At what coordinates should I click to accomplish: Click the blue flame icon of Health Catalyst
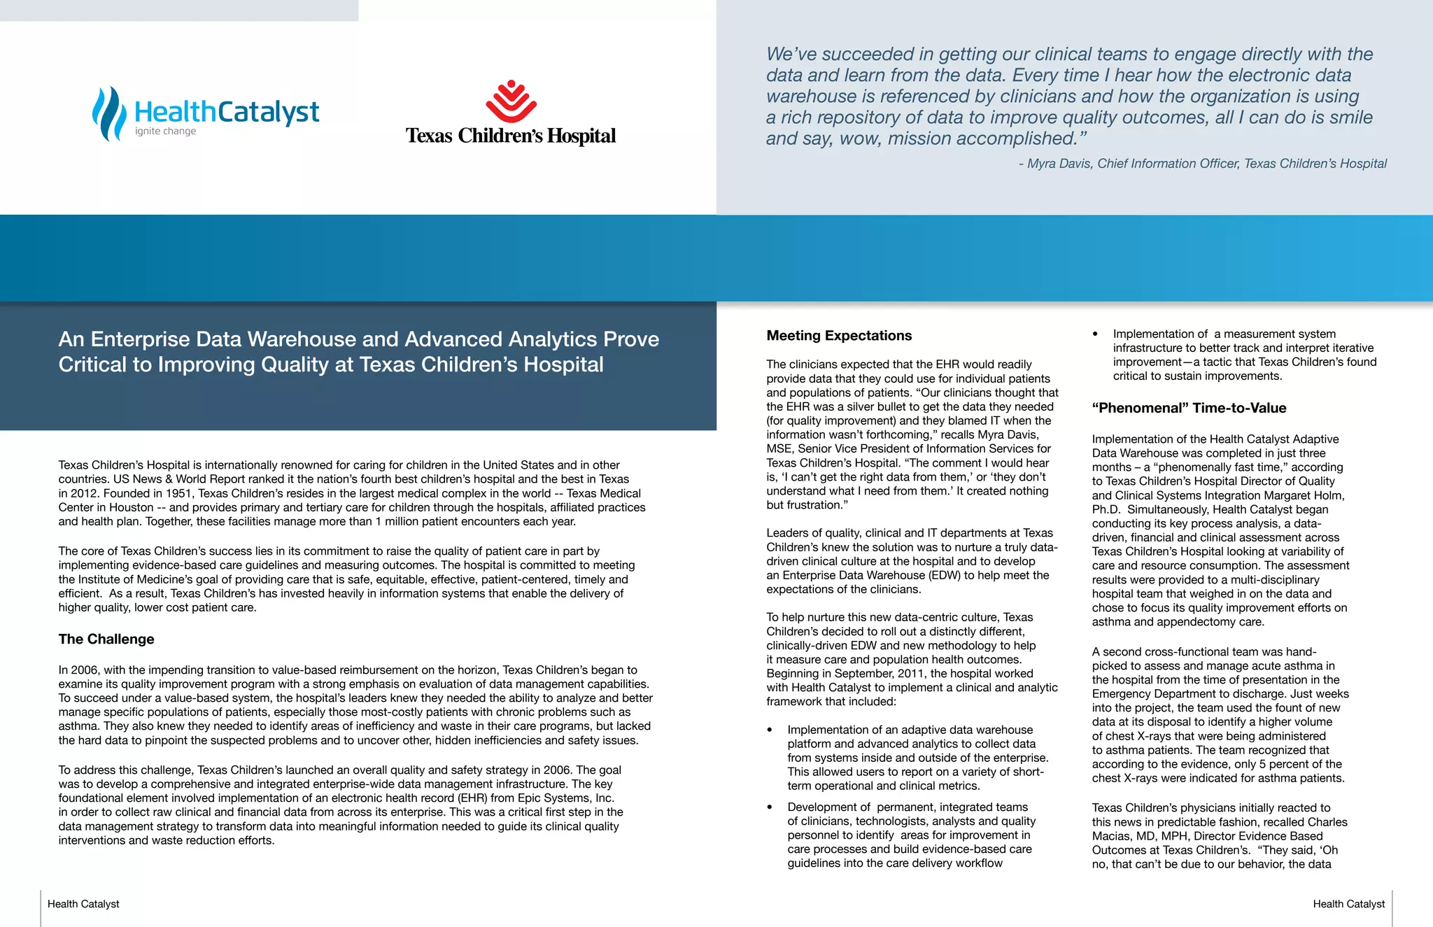point(109,113)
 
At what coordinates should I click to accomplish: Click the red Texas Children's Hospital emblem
point(511,101)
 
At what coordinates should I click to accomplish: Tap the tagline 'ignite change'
point(165,131)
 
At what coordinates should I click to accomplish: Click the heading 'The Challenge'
point(106,639)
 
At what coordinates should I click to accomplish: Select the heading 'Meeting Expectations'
point(839,336)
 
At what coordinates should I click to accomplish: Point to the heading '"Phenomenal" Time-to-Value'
point(1189,408)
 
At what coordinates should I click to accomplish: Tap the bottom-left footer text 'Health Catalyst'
point(83,904)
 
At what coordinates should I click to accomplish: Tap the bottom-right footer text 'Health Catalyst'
point(1348,904)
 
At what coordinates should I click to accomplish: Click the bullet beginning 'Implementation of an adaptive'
point(910,730)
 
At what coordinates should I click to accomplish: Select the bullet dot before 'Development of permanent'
point(770,807)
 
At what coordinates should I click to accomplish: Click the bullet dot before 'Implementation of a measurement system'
point(1096,334)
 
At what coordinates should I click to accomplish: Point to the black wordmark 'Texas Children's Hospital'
point(511,136)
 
